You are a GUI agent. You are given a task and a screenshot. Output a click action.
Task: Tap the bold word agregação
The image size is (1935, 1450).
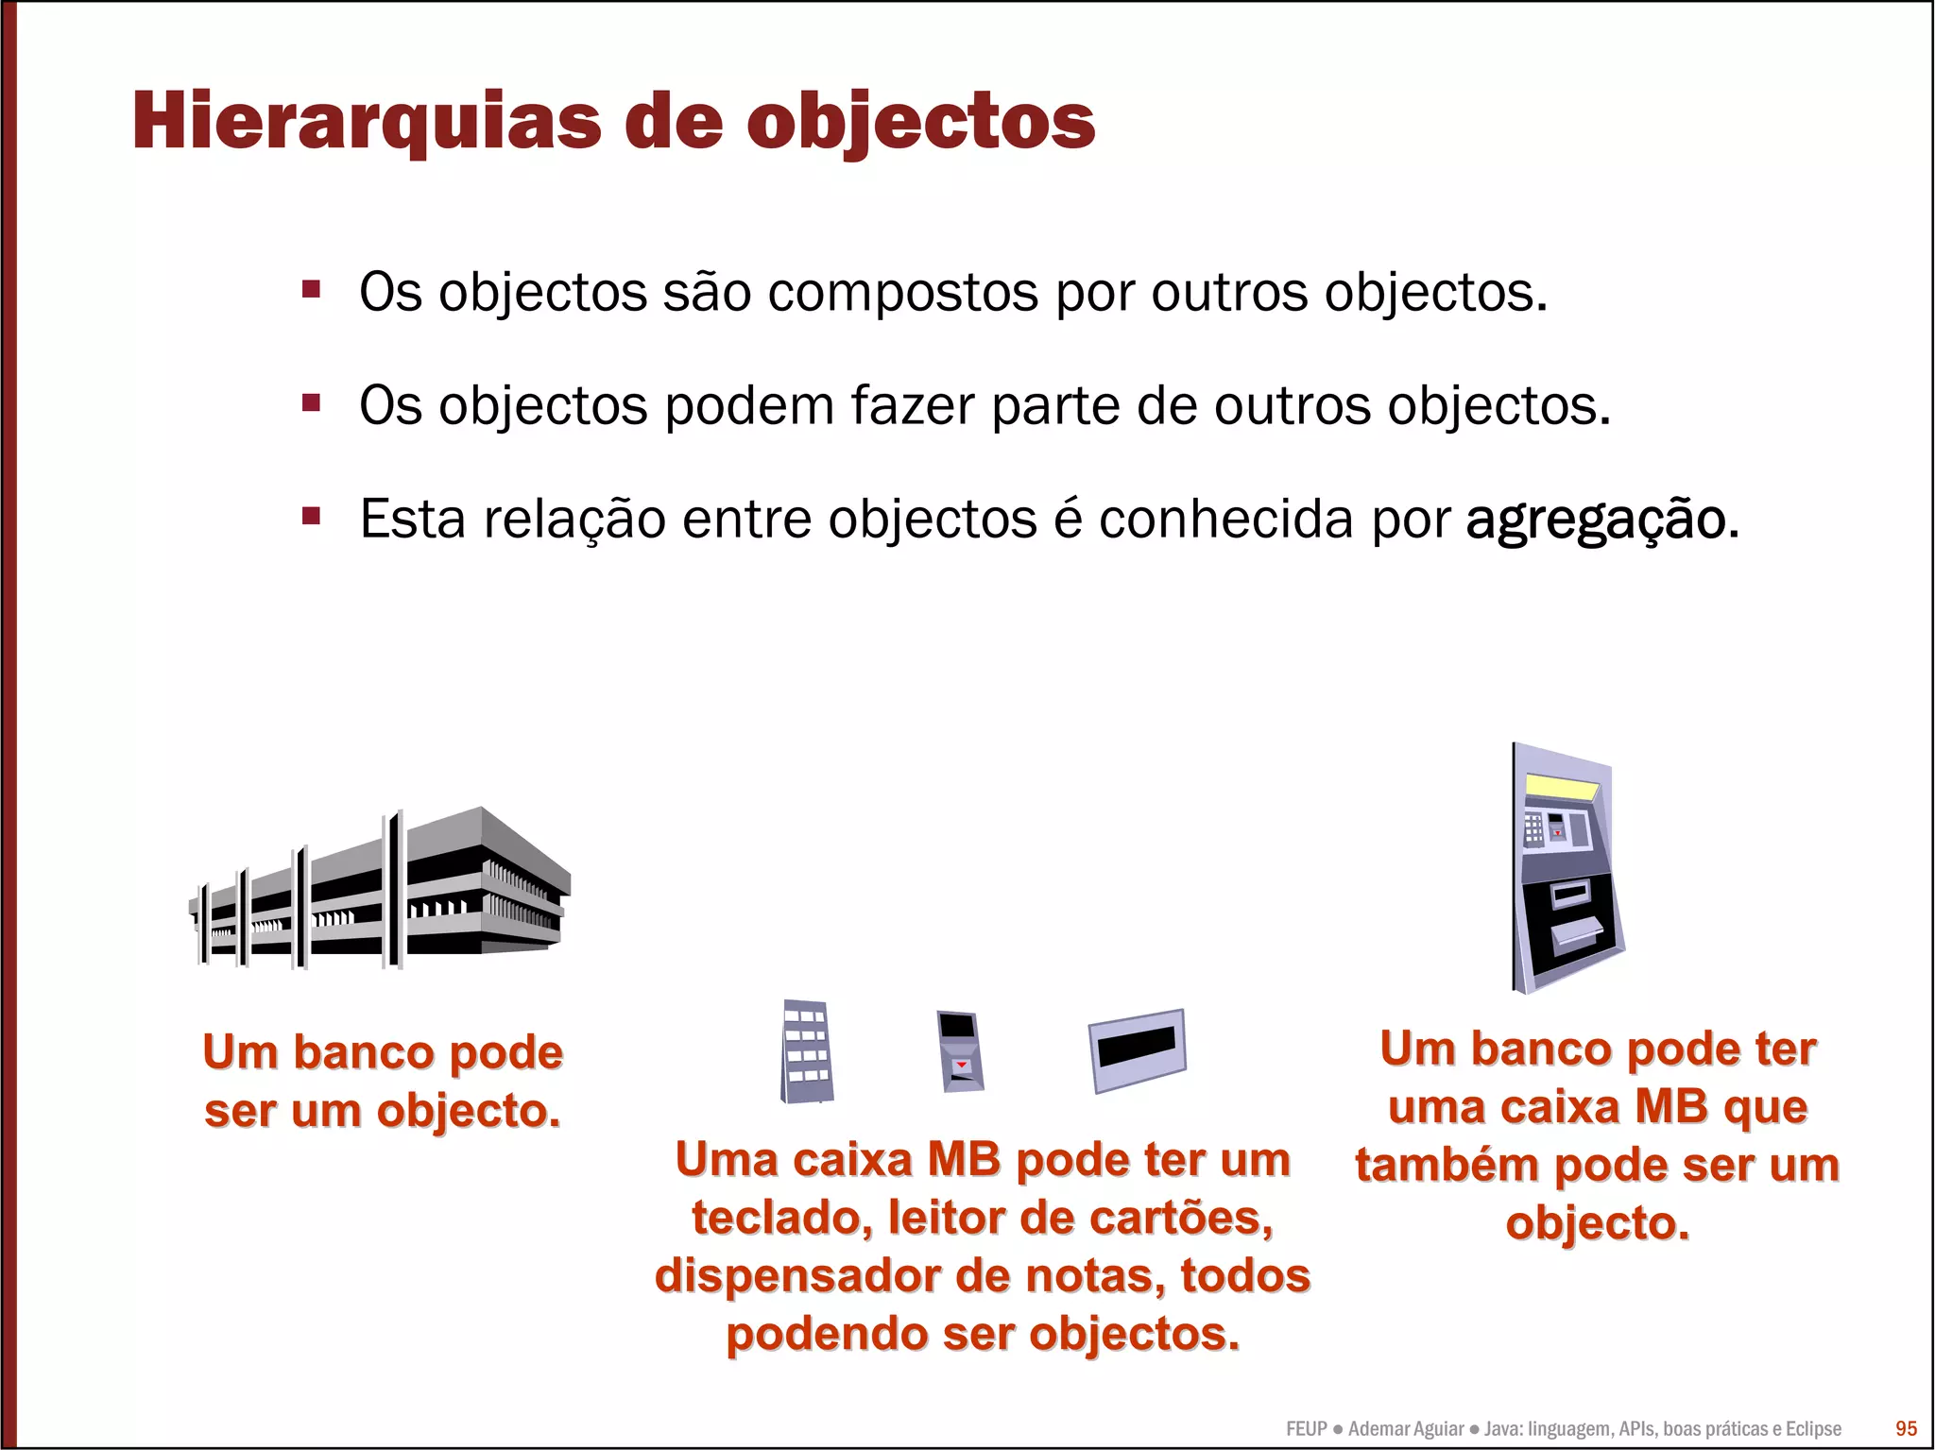click(x=1596, y=520)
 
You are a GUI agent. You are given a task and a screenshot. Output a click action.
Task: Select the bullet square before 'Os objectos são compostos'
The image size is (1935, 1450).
click(x=311, y=288)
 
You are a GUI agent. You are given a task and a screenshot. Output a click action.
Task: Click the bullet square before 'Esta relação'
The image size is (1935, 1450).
click(x=311, y=516)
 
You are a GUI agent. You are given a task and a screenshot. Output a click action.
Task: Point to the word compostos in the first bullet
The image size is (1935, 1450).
click(x=904, y=293)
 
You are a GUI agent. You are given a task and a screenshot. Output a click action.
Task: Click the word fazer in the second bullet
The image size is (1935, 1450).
click(x=913, y=406)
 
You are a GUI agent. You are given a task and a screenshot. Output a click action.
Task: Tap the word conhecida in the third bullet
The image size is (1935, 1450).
click(x=1225, y=519)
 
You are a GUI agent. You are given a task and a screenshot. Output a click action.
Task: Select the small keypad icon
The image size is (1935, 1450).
click(x=807, y=1051)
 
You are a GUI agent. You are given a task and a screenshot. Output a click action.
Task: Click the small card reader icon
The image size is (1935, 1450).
click(x=960, y=1050)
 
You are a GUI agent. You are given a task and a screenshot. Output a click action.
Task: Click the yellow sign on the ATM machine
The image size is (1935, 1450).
click(x=1563, y=787)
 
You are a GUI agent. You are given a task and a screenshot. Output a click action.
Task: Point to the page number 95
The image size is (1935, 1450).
click(x=1906, y=1428)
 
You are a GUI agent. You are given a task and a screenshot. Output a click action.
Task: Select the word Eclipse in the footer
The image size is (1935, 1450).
click(x=1813, y=1429)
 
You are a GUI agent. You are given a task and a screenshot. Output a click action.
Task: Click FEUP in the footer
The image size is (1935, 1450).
click(x=1306, y=1429)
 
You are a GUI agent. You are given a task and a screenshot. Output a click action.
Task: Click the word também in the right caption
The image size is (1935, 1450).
click(x=1448, y=1166)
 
